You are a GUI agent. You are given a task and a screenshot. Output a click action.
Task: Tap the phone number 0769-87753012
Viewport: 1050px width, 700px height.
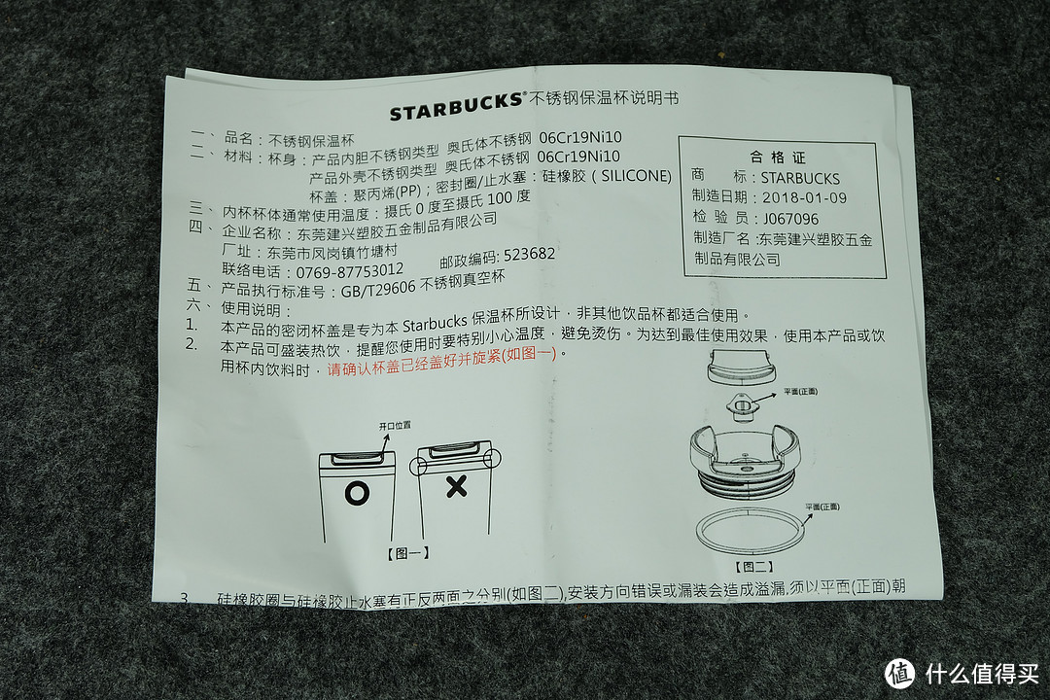point(335,269)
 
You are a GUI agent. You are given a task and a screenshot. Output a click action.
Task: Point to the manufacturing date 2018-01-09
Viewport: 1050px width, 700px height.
point(804,198)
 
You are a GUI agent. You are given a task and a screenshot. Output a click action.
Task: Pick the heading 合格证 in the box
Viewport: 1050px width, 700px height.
point(778,157)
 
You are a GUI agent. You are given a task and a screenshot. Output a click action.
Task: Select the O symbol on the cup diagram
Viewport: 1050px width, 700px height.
point(357,493)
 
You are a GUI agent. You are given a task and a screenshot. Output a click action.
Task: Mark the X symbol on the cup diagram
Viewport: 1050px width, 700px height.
point(455,487)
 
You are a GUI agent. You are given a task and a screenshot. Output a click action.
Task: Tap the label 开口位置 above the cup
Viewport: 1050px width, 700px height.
point(395,426)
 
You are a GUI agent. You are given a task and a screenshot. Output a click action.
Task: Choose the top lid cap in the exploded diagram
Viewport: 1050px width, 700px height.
point(744,366)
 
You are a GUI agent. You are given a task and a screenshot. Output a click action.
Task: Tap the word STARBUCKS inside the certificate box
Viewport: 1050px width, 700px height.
point(800,178)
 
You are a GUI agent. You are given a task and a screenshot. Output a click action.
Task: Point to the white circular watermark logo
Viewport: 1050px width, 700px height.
point(899,673)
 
